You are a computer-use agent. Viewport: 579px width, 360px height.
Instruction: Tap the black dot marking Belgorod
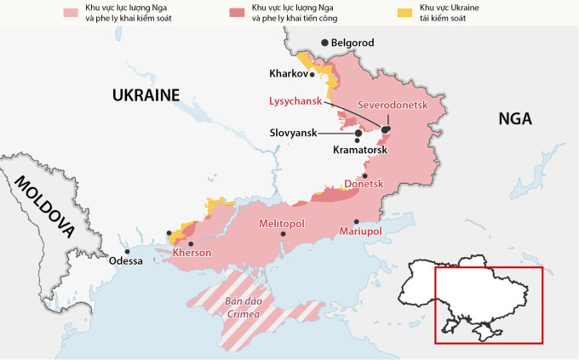[324, 43]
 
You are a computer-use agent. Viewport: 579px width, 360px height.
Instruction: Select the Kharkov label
[287, 73]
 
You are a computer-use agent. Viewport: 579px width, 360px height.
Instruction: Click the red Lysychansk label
[294, 100]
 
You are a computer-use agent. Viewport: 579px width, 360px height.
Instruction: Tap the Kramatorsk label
[359, 150]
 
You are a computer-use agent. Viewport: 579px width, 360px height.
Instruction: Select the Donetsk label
[364, 185]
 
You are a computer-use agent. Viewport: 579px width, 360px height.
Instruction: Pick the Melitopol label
[281, 223]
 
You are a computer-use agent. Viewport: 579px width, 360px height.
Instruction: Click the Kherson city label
[192, 253]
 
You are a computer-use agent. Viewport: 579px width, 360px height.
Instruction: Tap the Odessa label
[126, 261]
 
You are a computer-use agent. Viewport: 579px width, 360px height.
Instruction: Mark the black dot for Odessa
[127, 251]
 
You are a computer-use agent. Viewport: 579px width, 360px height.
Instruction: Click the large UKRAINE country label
[146, 95]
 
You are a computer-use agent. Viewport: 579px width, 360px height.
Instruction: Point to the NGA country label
[515, 119]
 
